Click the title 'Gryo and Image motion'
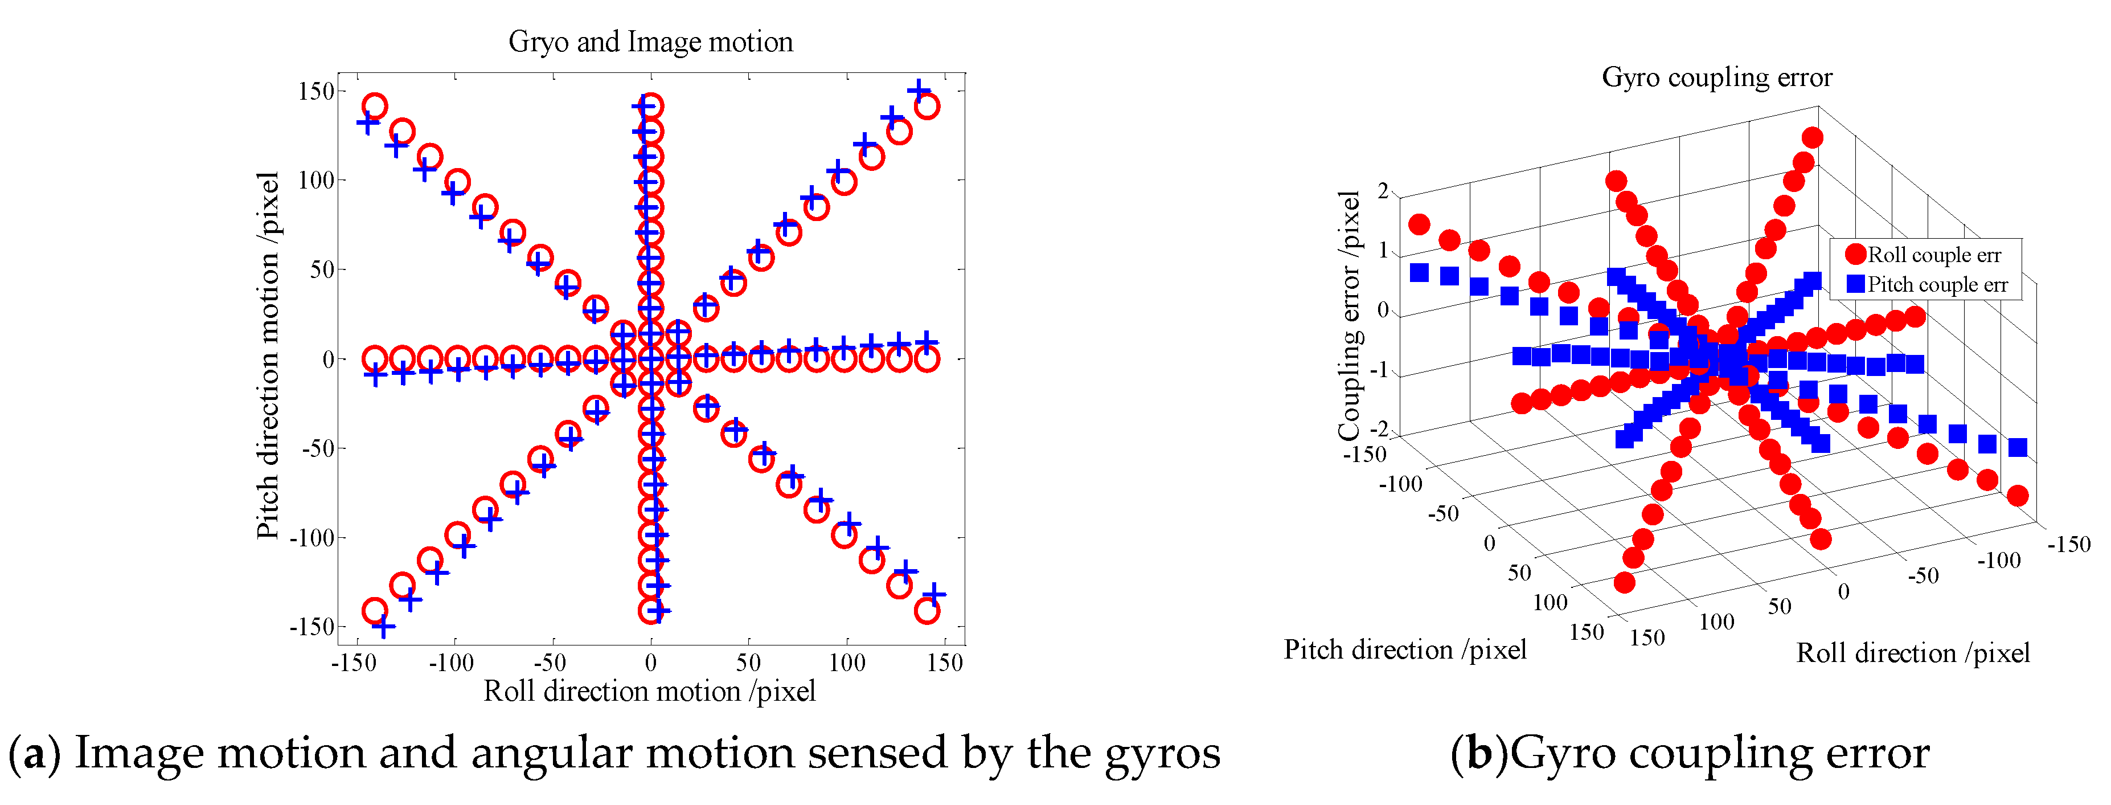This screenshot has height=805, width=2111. click(x=651, y=42)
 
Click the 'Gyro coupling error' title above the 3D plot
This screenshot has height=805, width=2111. click(x=1717, y=77)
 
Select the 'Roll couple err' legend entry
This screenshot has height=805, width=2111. click(x=1933, y=255)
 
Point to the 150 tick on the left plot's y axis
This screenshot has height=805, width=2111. click(x=316, y=91)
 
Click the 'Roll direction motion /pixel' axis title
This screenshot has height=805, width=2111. click(x=649, y=691)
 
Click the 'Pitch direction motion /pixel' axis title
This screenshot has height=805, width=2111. click(x=268, y=355)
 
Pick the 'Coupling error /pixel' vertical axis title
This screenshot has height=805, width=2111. click(x=1349, y=316)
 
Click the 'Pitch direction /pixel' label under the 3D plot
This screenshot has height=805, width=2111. click(x=1405, y=649)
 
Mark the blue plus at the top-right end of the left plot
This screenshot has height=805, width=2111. click(x=919, y=89)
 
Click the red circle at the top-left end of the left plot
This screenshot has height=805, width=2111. click(x=375, y=107)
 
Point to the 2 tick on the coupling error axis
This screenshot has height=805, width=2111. click(x=1383, y=191)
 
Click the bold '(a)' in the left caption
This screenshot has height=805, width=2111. click(x=34, y=753)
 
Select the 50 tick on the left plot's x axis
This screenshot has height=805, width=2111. click(x=748, y=663)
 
